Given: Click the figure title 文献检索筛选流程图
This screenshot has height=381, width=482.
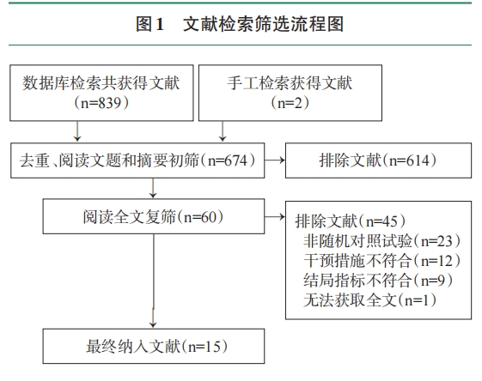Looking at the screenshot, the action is coord(263,24).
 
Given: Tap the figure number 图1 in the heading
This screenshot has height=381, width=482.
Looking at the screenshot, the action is coord(149,24).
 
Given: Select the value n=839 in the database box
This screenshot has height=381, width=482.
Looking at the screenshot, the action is coord(101,103).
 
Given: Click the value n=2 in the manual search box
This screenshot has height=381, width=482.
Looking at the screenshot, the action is coord(290,103).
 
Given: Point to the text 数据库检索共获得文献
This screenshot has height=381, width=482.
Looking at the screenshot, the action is coord(101,83).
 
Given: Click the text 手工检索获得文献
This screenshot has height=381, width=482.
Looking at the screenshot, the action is coord(290,83).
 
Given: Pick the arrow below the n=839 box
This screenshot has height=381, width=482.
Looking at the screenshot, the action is coord(77,131).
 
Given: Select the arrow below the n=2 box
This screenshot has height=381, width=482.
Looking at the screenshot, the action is coord(223,131).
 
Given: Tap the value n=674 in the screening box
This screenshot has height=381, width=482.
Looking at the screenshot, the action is coord(228,160).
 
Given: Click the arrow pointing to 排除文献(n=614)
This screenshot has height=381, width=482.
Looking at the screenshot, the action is coord(275,160).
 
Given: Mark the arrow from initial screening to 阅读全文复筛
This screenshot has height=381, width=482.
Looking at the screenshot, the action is coord(153,188).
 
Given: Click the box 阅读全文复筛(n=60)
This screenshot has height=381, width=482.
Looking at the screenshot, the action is coord(154,216).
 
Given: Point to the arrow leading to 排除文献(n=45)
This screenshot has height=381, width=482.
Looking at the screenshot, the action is coord(275,217).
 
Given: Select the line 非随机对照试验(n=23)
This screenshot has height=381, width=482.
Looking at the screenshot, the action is coord(381,240).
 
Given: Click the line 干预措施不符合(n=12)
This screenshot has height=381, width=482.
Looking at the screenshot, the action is coord(381,260).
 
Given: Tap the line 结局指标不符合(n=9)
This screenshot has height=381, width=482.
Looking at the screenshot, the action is coord(378,280).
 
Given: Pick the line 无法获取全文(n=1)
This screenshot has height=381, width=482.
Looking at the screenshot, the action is coord(369,299).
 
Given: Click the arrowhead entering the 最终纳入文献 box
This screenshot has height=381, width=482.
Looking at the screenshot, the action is coord(153,325).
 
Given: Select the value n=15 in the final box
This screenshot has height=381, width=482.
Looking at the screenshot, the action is coord(204,347).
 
